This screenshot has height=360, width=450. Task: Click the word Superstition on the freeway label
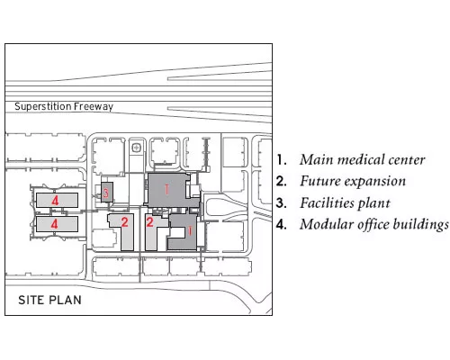[x=43, y=106]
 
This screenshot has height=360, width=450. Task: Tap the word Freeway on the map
[x=94, y=107]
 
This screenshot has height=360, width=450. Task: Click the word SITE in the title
[x=31, y=300]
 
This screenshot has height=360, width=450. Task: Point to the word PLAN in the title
[x=65, y=300]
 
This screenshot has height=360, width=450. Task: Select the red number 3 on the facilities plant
[x=106, y=193]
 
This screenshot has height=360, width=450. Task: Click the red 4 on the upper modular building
[x=55, y=200]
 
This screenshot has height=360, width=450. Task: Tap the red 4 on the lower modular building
[x=54, y=224]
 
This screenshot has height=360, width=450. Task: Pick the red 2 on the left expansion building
[x=125, y=221]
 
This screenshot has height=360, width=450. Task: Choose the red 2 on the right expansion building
[x=149, y=221]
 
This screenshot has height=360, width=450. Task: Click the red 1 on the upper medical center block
[x=166, y=190]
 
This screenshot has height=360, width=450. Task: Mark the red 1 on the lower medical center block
[x=190, y=230]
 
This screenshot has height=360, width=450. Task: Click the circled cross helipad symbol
[x=137, y=148]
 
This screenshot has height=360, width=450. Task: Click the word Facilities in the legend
[x=326, y=202]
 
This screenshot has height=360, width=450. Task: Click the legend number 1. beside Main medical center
[x=281, y=160]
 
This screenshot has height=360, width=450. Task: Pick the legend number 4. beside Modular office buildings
[x=281, y=224]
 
